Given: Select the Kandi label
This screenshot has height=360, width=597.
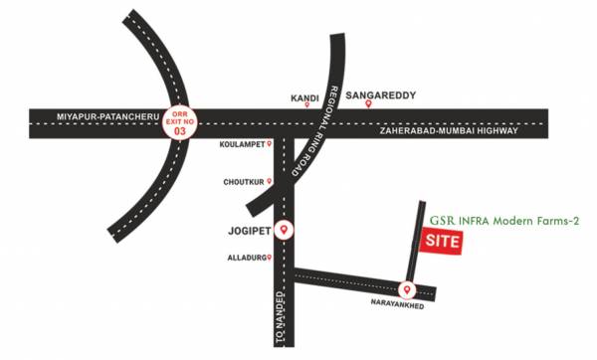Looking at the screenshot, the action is pyautogui.click(x=303, y=98).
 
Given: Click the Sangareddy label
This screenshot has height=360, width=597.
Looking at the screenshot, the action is pyautogui.click(x=379, y=96).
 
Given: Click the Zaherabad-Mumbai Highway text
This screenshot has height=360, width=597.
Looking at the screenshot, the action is pyautogui.click(x=447, y=130).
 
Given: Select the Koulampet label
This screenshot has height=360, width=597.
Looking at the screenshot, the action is pyautogui.click(x=242, y=144).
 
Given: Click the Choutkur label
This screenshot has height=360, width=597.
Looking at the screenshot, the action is pyautogui.click(x=243, y=182).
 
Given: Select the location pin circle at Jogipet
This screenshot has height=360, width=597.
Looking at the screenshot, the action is pyautogui.click(x=285, y=230).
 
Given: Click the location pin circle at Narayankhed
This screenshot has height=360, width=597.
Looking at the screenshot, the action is pyautogui.click(x=407, y=290).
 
